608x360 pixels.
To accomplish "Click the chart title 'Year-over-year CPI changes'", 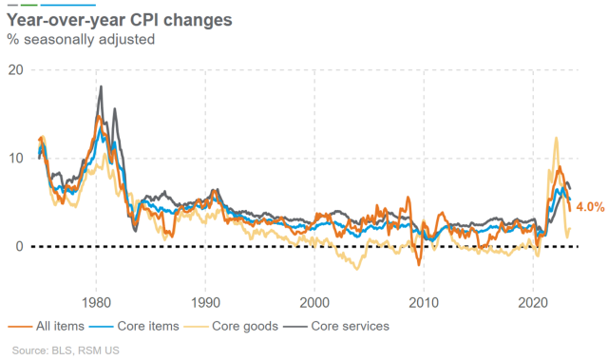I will [x=119, y=21].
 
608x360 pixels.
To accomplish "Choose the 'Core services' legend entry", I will [x=346, y=326].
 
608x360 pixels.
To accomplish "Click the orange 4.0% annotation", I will [x=590, y=206].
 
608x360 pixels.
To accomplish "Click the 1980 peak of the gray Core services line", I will [x=100, y=86].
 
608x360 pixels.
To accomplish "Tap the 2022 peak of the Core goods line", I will [x=557, y=139].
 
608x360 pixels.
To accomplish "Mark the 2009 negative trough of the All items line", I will [x=419, y=265].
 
